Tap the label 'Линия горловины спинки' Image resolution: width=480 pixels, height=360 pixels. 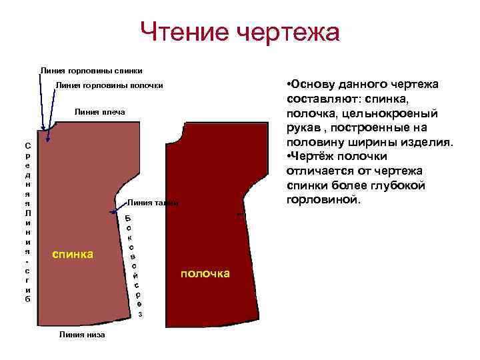(91, 69)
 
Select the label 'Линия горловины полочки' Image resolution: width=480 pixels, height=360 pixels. (109, 85)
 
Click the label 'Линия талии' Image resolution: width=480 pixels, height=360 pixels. (153, 203)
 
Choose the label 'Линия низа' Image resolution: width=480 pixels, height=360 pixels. (83, 335)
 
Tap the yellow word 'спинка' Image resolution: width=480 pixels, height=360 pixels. (73, 253)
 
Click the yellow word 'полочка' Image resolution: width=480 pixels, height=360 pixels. (205, 273)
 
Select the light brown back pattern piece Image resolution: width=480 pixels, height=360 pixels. (80, 200)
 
